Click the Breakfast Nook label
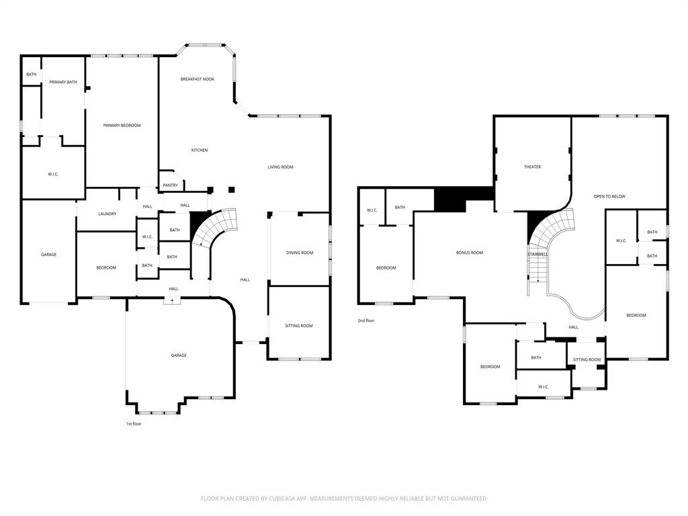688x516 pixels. [x=197, y=79]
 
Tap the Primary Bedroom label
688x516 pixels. [x=122, y=126]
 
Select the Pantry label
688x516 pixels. [x=170, y=185]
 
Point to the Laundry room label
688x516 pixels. [x=107, y=214]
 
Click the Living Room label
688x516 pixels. [x=280, y=167]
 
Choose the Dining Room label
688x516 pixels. [x=300, y=253]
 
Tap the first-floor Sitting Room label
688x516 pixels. [x=299, y=326]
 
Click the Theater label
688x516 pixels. [x=532, y=167]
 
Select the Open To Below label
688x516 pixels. [x=609, y=197]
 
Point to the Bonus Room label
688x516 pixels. [x=470, y=253]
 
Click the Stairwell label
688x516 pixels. [x=537, y=255]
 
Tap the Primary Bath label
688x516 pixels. [x=63, y=83]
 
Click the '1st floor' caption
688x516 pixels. [x=134, y=424]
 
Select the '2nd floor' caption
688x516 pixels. [x=366, y=321]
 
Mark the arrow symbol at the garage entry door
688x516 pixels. [x=173, y=301]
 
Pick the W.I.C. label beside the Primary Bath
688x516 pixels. [x=53, y=175]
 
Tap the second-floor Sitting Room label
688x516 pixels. [x=587, y=360]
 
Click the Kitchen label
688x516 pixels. [x=200, y=150]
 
